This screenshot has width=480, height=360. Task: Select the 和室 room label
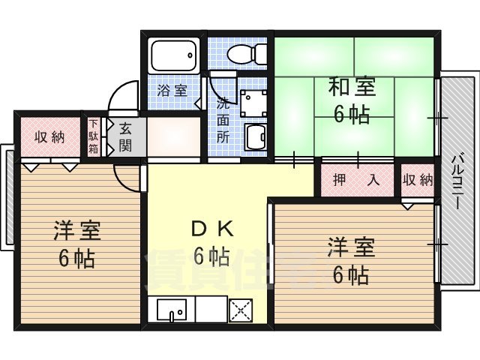(351, 88)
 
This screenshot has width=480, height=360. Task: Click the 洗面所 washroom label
(223, 119)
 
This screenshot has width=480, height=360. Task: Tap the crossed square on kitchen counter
(242, 309)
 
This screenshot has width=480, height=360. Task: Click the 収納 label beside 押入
(417, 180)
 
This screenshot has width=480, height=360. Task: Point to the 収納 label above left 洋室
(49, 136)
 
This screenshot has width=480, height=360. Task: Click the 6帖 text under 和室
(351, 115)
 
